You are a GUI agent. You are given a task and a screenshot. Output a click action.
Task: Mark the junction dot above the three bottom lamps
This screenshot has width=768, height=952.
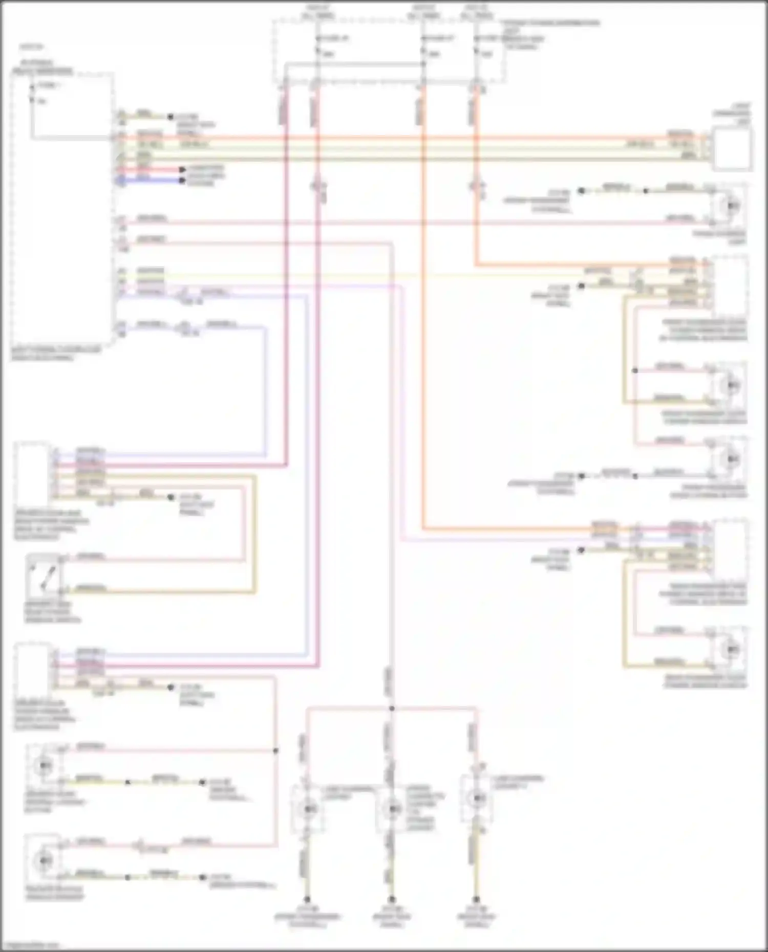tap(392, 709)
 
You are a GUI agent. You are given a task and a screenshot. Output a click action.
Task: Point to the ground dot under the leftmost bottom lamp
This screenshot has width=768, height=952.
tap(307, 899)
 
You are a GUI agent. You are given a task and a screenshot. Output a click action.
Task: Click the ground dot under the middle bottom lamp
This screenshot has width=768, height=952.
tap(392, 899)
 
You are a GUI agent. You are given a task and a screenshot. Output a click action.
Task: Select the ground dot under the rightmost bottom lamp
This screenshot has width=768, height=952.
tap(476, 899)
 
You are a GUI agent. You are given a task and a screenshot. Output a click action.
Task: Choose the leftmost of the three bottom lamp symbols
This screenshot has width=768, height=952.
tap(308, 808)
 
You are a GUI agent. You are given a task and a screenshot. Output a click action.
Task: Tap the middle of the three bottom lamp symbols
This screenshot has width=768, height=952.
tap(393, 808)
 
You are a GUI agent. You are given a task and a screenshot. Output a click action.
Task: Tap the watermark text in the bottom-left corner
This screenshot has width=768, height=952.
tap(31, 945)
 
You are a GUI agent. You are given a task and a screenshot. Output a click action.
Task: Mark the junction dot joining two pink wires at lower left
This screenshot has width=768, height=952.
tap(275, 751)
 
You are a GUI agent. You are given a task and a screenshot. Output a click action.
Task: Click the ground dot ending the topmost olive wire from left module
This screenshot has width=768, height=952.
tap(170, 117)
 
